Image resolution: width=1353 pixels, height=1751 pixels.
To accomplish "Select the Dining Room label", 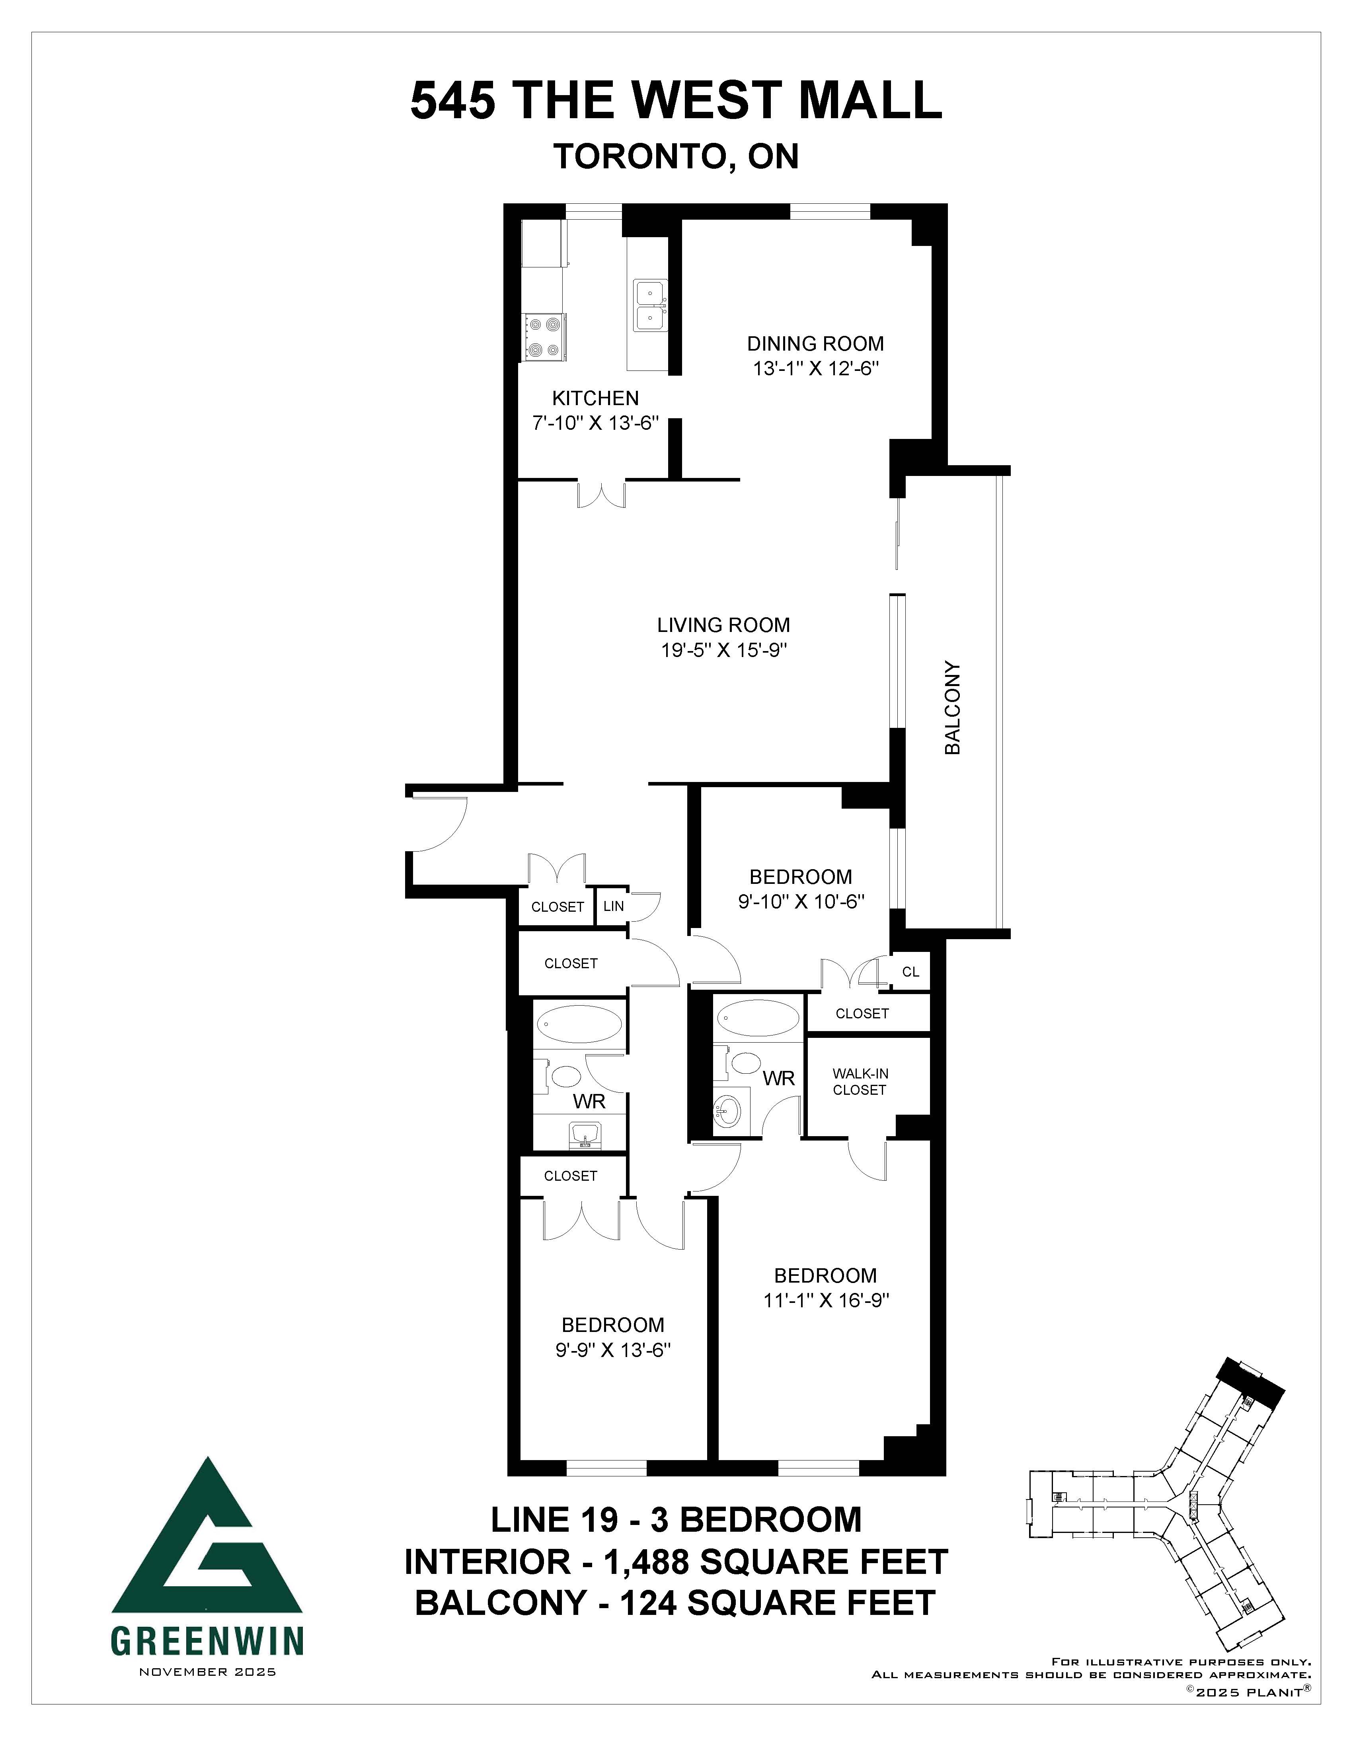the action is (815, 344).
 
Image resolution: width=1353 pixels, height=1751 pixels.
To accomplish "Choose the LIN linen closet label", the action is (613, 906).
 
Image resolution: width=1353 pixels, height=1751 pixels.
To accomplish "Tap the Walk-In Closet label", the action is (860, 1082).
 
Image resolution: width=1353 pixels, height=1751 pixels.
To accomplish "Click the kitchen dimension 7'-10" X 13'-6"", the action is (596, 423).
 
